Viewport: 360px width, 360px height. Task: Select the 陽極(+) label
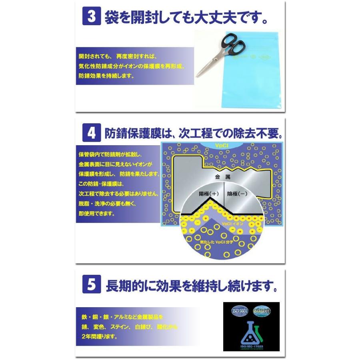209,194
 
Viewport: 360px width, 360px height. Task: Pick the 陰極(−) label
238,194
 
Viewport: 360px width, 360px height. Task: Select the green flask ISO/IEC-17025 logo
250,332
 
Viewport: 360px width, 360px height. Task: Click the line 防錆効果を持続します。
106,76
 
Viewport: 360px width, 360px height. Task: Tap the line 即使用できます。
96,214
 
